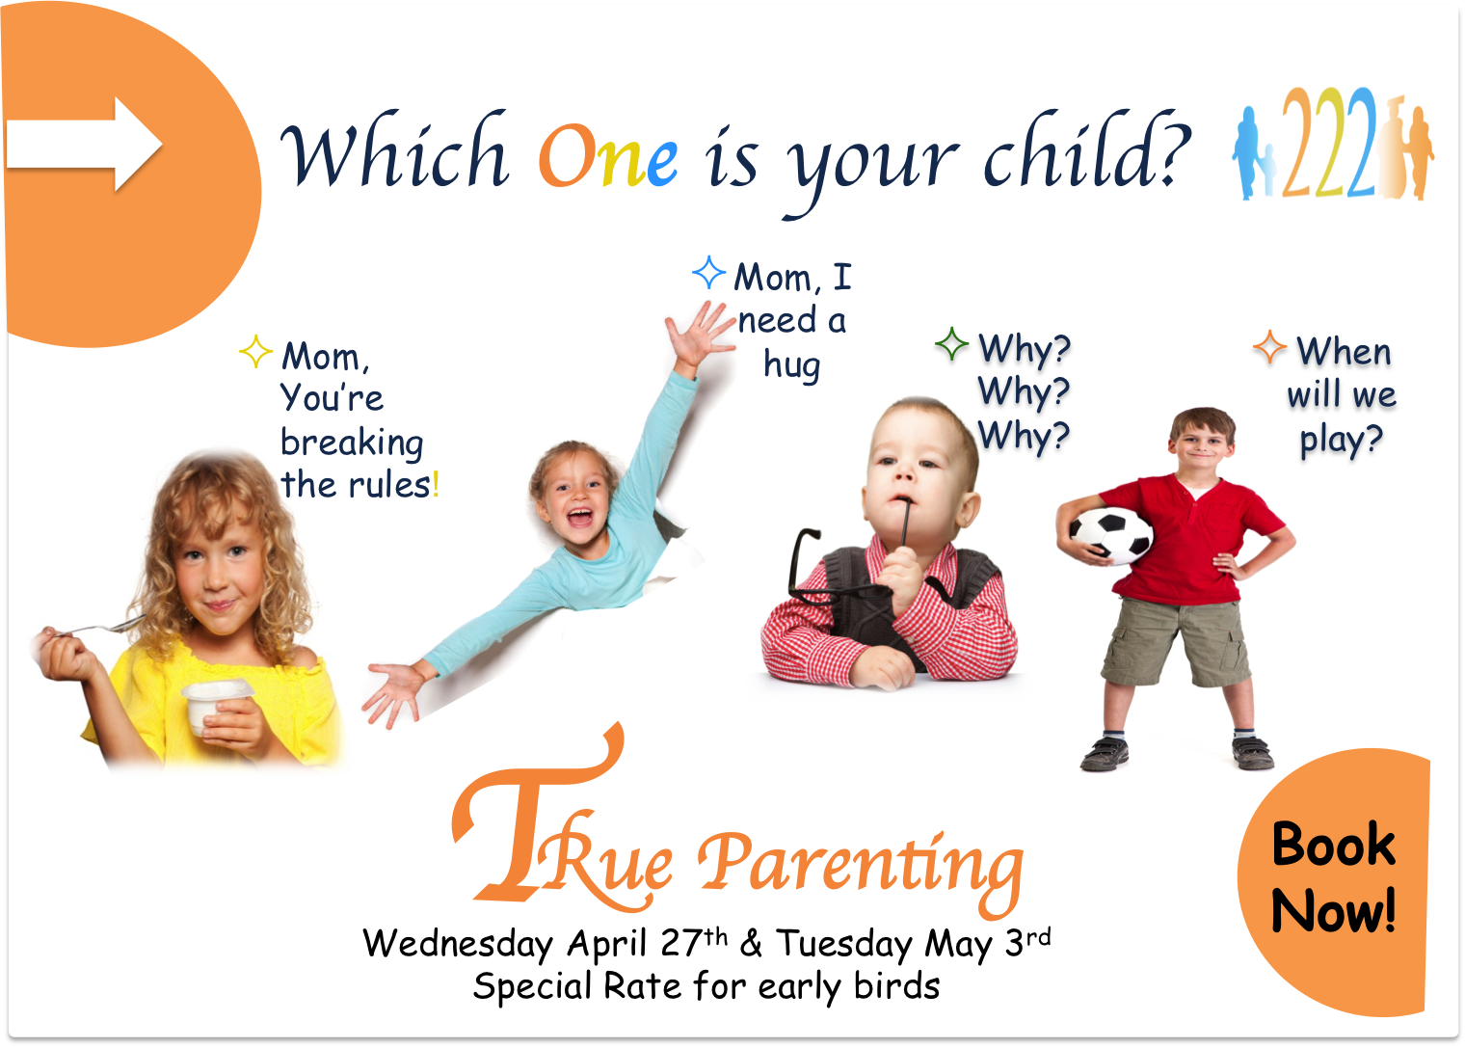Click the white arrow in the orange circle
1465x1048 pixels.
tap(84, 144)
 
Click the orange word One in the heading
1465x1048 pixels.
tap(607, 156)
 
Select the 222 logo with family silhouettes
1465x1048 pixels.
tap(1333, 143)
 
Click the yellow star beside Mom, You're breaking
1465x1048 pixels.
tap(255, 351)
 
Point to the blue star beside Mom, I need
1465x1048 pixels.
tap(709, 272)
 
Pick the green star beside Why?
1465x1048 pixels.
tap(951, 343)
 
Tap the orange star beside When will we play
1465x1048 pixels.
tap(1270, 347)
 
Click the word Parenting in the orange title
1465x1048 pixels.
tap(861, 869)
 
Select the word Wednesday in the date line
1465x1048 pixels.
tap(458, 944)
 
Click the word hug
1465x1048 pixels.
tap(792, 365)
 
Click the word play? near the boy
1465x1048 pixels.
tap(1341, 440)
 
